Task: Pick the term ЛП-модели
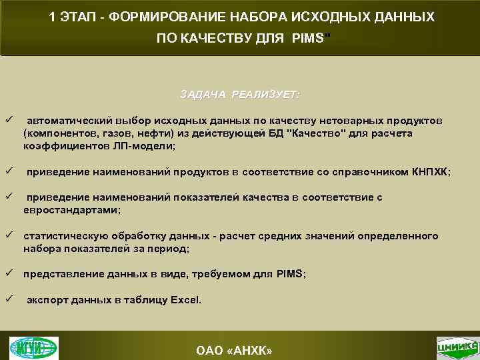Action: point(149,145)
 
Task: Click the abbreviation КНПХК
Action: point(430,172)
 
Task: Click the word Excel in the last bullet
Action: point(185,300)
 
